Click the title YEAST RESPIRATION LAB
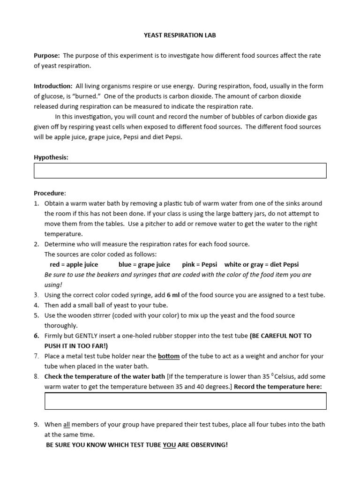pyautogui.click(x=180, y=35)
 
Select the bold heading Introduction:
pyautogui.click(x=53, y=86)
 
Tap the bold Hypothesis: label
pyautogui.click(x=51, y=157)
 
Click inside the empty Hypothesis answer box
pyautogui.click(x=180, y=171)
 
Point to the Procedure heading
pyautogui.click(x=50, y=193)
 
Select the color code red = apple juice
pyautogui.click(x=74, y=264)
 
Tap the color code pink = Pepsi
pyautogui.click(x=199, y=264)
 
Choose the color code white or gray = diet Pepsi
pyautogui.click(x=261, y=264)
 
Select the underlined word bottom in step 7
pyautogui.click(x=169, y=356)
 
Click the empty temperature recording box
pyautogui.click(x=185, y=401)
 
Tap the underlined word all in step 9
pyautogui.click(x=67, y=425)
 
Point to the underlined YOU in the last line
pyautogui.click(x=169, y=445)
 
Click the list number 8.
pyautogui.click(x=37, y=376)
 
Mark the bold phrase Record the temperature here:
pyautogui.click(x=278, y=387)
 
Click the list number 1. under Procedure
pyautogui.click(x=37, y=203)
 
